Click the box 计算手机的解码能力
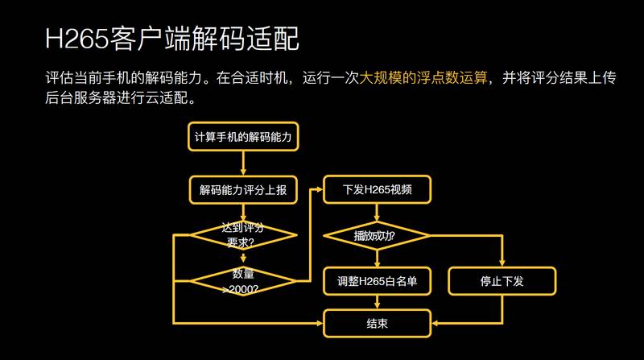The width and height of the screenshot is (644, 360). click(242, 137)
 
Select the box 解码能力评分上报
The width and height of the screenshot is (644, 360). click(242, 191)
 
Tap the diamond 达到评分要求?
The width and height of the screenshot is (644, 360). click(242, 235)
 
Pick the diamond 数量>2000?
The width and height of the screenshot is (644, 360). click(242, 281)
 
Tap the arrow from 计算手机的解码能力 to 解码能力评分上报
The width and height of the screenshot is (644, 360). click(242, 163)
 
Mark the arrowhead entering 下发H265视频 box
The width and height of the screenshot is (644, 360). click(319, 191)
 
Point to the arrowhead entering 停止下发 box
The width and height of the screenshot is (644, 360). click(502, 263)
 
